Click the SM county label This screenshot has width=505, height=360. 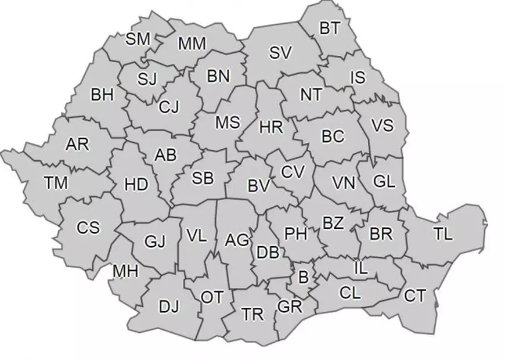tap(138, 39)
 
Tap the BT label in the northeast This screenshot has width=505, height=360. tap(330, 28)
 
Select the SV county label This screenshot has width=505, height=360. tap(280, 52)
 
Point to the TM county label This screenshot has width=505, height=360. tap(56, 183)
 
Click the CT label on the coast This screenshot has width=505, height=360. tap(415, 296)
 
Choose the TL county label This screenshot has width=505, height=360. tap(442, 235)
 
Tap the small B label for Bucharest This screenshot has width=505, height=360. tap(303, 278)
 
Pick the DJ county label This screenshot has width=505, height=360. tap(169, 305)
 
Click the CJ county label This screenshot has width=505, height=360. tap(169, 107)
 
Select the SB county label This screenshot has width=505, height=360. tap(203, 179)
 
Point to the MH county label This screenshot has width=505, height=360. tap(125, 271)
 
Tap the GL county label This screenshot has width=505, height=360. tap(384, 181)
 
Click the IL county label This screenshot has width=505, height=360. tap(360, 268)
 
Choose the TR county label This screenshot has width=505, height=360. tap(252, 315)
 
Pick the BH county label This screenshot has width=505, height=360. tap(102, 95)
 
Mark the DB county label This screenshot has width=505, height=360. tap(267, 252)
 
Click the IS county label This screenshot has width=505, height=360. tap(359, 77)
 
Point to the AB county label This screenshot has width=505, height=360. tap(165, 155)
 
